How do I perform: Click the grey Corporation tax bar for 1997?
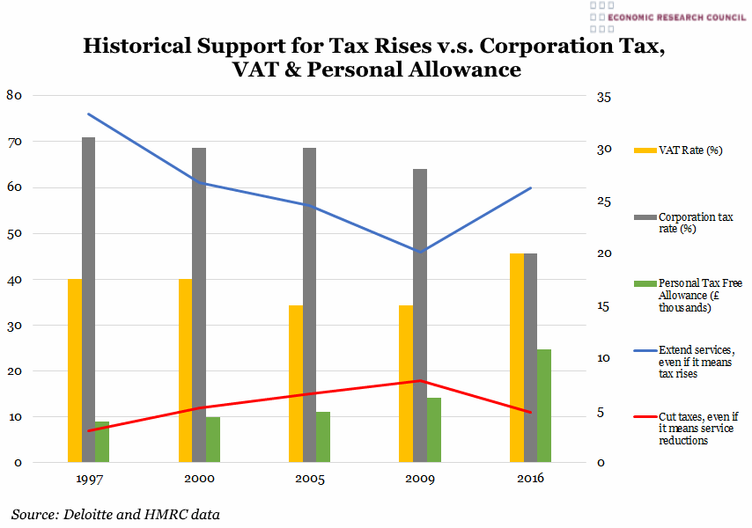tap(88, 299)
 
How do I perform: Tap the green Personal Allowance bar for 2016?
tap(544, 406)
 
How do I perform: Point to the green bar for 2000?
tap(213, 439)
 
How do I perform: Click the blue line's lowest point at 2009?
tap(420, 252)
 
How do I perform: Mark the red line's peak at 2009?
tap(420, 381)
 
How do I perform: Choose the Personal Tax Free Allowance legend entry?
tap(696, 296)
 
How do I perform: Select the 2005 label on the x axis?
tap(310, 479)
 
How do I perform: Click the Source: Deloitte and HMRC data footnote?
tap(115, 514)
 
